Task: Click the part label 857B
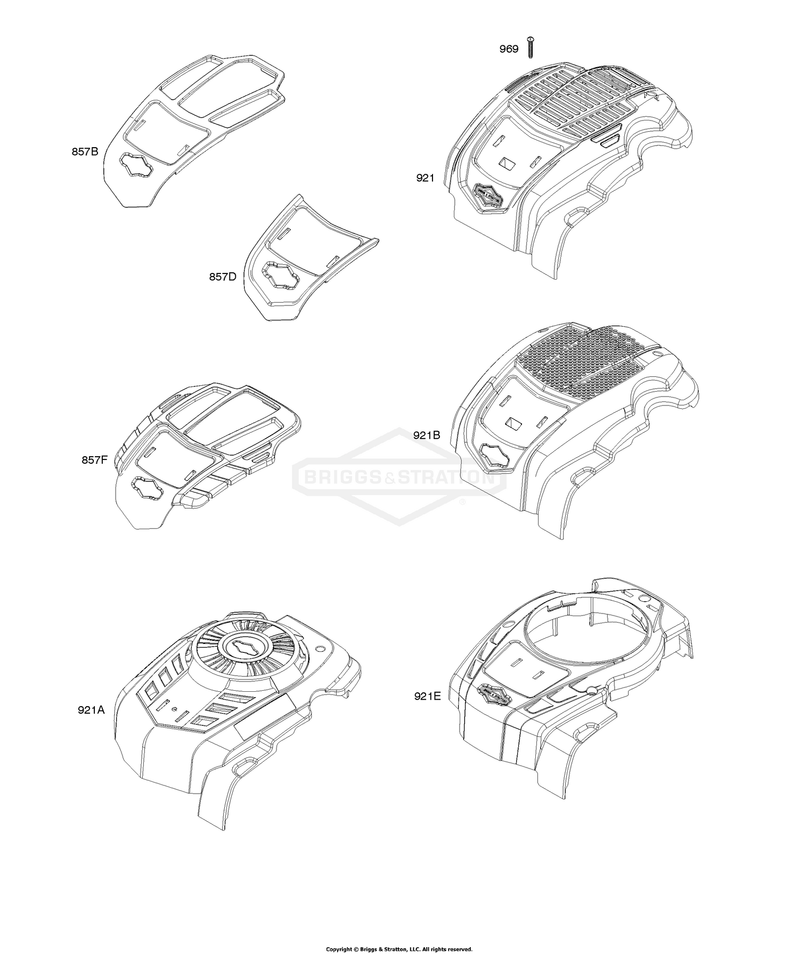85,151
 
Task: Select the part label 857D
223,277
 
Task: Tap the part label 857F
95,459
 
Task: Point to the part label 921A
91,710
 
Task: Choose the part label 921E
427,696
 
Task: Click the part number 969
509,50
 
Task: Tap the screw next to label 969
530,47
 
